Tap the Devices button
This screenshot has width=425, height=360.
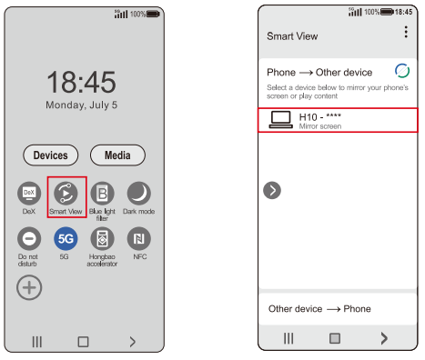pyautogui.click(x=51, y=155)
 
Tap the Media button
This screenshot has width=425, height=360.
pyautogui.click(x=117, y=155)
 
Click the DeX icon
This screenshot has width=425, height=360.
pyautogui.click(x=29, y=194)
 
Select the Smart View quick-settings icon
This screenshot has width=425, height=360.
pyautogui.click(x=66, y=194)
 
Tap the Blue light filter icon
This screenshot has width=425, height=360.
pyautogui.click(x=103, y=194)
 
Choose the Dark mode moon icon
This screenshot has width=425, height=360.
pyautogui.click(x=139, y=194)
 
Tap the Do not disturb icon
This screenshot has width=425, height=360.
pyautogui.click(x=29, y=239)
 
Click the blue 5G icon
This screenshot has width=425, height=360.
pyautogui.click(x=66, y=239)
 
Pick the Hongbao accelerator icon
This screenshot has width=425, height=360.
pyautogui.click(x=103, y=239)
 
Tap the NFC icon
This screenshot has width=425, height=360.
pyautogui.click(x=139, y=239)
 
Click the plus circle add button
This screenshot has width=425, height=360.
pyautogui.click(x=29, y=287)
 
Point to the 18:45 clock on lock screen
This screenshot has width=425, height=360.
pyautogui.click(x=81, y=82)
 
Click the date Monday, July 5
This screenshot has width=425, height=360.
pyautogui.click(x=81, y=105)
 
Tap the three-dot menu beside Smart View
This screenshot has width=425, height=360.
pyautogui.click(x=406, y=32)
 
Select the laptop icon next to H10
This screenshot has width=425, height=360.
pyautogui.click(x=281, y=120)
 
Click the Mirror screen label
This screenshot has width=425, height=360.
pyautogui.click(x=320, y=126)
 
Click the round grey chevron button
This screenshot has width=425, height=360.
pyautogui.click(x=272, y=190)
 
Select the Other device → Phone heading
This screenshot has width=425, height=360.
pyautogui.click(x=319, y=309)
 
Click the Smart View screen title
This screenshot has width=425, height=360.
pyautogui.click(x=292, y=36)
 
